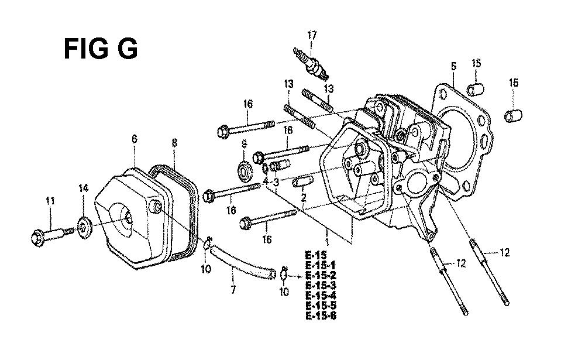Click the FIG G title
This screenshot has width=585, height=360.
[101, 49]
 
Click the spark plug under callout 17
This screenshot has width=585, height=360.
[311, 63]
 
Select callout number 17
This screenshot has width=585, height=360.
[312, 36]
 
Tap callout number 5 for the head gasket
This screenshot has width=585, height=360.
[453, 67]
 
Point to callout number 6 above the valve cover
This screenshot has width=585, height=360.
[135, 139]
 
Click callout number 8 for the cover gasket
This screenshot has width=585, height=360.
[174, 143]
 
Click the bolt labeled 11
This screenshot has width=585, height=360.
[52, 235]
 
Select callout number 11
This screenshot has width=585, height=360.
[50, 201]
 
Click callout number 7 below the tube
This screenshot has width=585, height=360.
[233, 289]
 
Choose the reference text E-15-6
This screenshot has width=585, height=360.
[321, 316]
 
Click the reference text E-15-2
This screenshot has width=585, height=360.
[321, 276]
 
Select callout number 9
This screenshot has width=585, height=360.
[244, 143]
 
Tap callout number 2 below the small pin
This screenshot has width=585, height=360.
[304, 197]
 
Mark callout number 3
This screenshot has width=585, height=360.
[276, 183]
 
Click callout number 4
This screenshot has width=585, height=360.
[265, 181]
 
